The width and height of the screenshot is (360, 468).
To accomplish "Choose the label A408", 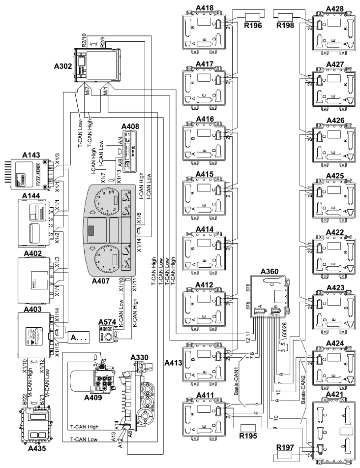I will coord(130,126).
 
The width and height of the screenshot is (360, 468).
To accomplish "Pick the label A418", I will coord(203,8).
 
